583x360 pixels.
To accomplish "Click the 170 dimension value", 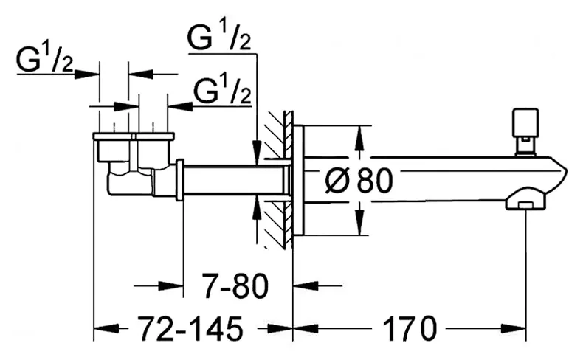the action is click(x=409, y=328).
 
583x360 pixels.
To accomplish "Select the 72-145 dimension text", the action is click(x=190, y=328).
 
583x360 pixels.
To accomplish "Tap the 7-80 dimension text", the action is click(x=235, y=286).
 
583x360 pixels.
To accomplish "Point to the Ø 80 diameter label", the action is click(x=359, y=181).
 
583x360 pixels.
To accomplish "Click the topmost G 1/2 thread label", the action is click(x=219, y=38).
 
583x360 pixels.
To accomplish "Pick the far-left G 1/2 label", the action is click(x=45, y=60).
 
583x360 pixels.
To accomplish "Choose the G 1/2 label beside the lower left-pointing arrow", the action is click(x=223, y=91).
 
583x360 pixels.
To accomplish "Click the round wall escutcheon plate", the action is click(x=299, y=180).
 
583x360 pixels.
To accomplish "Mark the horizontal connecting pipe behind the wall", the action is click(x=234, y=181).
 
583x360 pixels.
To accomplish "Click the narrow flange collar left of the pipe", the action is click(x=179, y=180).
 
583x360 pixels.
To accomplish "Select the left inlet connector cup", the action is click(x=113, y=148).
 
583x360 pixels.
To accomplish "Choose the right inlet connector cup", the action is click(x=153, y=148).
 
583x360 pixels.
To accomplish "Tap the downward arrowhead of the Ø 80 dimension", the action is click(x=359, y=223).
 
